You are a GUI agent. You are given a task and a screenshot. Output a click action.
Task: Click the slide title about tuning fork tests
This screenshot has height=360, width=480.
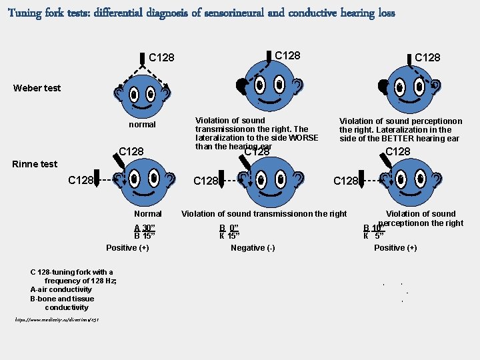click(201, 13)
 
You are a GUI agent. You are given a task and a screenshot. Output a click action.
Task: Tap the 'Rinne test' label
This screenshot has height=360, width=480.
click(35, 164)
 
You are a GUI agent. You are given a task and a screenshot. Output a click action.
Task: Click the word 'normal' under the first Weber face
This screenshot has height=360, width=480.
click(142, 125)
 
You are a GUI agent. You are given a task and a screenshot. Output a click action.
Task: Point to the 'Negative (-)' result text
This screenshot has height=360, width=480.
click(253, 248)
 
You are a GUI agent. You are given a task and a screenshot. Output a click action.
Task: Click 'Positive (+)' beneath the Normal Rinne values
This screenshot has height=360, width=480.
click(127, 248)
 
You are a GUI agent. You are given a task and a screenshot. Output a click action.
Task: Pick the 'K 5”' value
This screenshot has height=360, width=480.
click(373, 235)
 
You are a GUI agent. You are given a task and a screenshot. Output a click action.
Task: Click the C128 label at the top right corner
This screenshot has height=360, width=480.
click(427, 57)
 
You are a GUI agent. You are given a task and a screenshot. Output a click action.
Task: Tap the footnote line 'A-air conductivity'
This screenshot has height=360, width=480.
click(61, 290)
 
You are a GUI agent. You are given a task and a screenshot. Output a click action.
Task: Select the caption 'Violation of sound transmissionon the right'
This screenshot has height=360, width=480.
click(265, 214)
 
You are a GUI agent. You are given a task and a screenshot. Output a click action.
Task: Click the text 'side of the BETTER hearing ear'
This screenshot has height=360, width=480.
click(399, 139)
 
